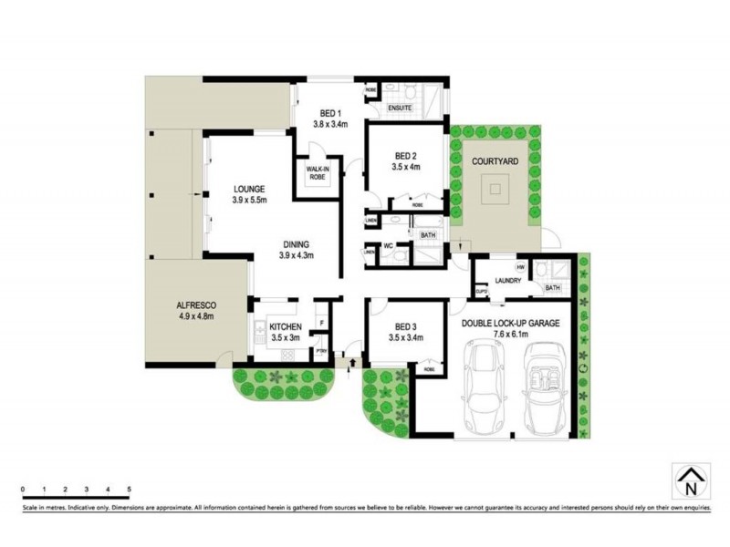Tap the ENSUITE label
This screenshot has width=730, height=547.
[x=401, y=108]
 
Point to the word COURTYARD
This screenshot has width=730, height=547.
[x=495, y=161]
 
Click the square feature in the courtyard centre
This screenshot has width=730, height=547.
[x=495, y=191]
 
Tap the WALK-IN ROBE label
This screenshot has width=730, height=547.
[x=317, y=173]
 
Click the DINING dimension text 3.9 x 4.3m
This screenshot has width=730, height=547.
[x=296, y=255]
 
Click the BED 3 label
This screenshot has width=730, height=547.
[x=406, y=326]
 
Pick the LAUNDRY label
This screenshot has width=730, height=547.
[x=507, y=281]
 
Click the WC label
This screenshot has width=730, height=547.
[x=387, y=245]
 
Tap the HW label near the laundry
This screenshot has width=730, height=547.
[x=520, y=267]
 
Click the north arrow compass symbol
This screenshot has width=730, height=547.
[x=689, y=480]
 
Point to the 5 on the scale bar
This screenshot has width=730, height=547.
[x=130, y=490]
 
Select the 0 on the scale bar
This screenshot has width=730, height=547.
[x=23, y=490]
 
